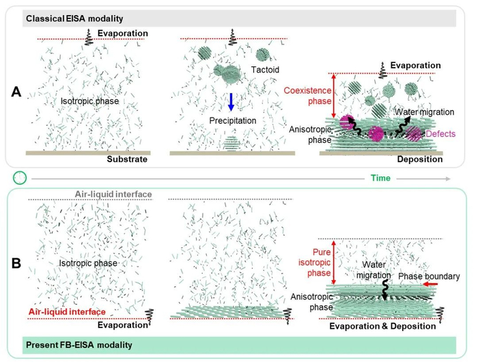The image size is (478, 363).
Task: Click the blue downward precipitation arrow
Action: pyautogui.click(x=231, y=102)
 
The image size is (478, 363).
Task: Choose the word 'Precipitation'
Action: pyautogui.click(x=234, y=121)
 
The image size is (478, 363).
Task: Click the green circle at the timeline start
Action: pyautogui.click(x=20, y=177)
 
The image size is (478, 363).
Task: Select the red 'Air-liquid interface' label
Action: pyautogui.click(x=61, y=311)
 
